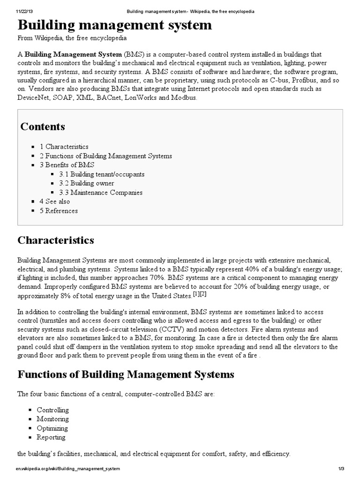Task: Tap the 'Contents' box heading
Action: (43, 127)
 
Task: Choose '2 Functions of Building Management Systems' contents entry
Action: (105, 156)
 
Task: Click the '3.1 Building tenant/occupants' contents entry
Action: (102, 174)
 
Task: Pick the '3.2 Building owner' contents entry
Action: (86, 183)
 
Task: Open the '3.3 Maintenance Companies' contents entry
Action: (101, 192)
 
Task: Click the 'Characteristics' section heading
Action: (56, 240)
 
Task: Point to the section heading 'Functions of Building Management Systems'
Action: (126, 375)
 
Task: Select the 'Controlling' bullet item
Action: (52, 410)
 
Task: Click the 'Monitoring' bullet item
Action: (52, 419)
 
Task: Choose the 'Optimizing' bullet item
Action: (52, 428)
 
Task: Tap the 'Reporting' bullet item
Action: (51, 437)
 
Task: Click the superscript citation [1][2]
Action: (200, 294)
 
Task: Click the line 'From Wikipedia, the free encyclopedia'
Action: (72, 38)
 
